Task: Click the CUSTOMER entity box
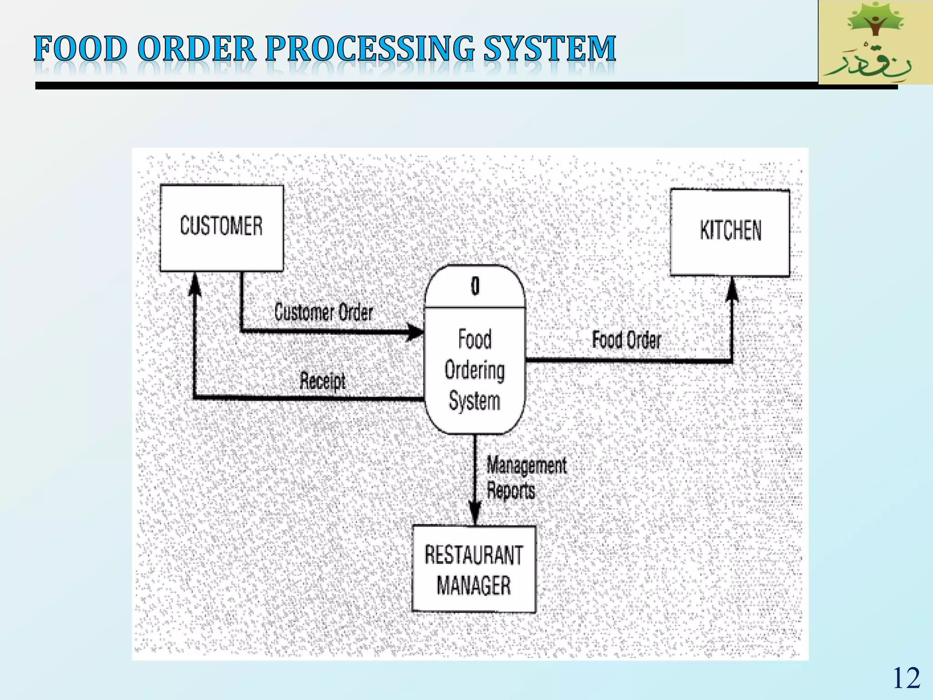221,228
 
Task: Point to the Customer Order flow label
323,313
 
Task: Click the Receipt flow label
323,381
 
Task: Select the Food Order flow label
626,340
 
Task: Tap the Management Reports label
526,478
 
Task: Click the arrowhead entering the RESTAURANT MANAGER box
475,515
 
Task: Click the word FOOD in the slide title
81,49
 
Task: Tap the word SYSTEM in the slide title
549,49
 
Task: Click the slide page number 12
906,678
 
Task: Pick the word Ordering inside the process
475,370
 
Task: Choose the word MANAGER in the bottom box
474,585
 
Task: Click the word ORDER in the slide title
196,49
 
